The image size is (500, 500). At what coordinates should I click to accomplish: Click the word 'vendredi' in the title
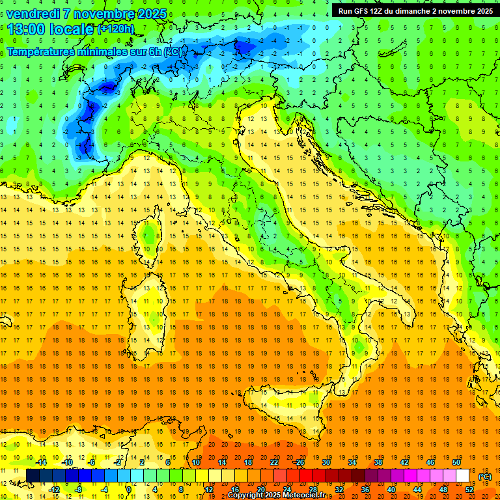(33, 14)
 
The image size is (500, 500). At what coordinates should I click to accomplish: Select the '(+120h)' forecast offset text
(116, 29)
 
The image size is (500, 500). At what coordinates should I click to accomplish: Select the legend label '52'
(469, 490)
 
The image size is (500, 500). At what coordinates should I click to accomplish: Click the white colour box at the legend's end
(462, 476)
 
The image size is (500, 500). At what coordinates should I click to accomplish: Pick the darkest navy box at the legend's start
(33, 476)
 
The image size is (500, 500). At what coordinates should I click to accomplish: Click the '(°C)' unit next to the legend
(485, 477)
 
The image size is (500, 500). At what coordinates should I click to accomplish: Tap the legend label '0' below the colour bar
(129, 490)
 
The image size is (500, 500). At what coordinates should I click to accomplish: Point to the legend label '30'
(326, 462)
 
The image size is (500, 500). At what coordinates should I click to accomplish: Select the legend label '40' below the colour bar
(391, 490)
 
